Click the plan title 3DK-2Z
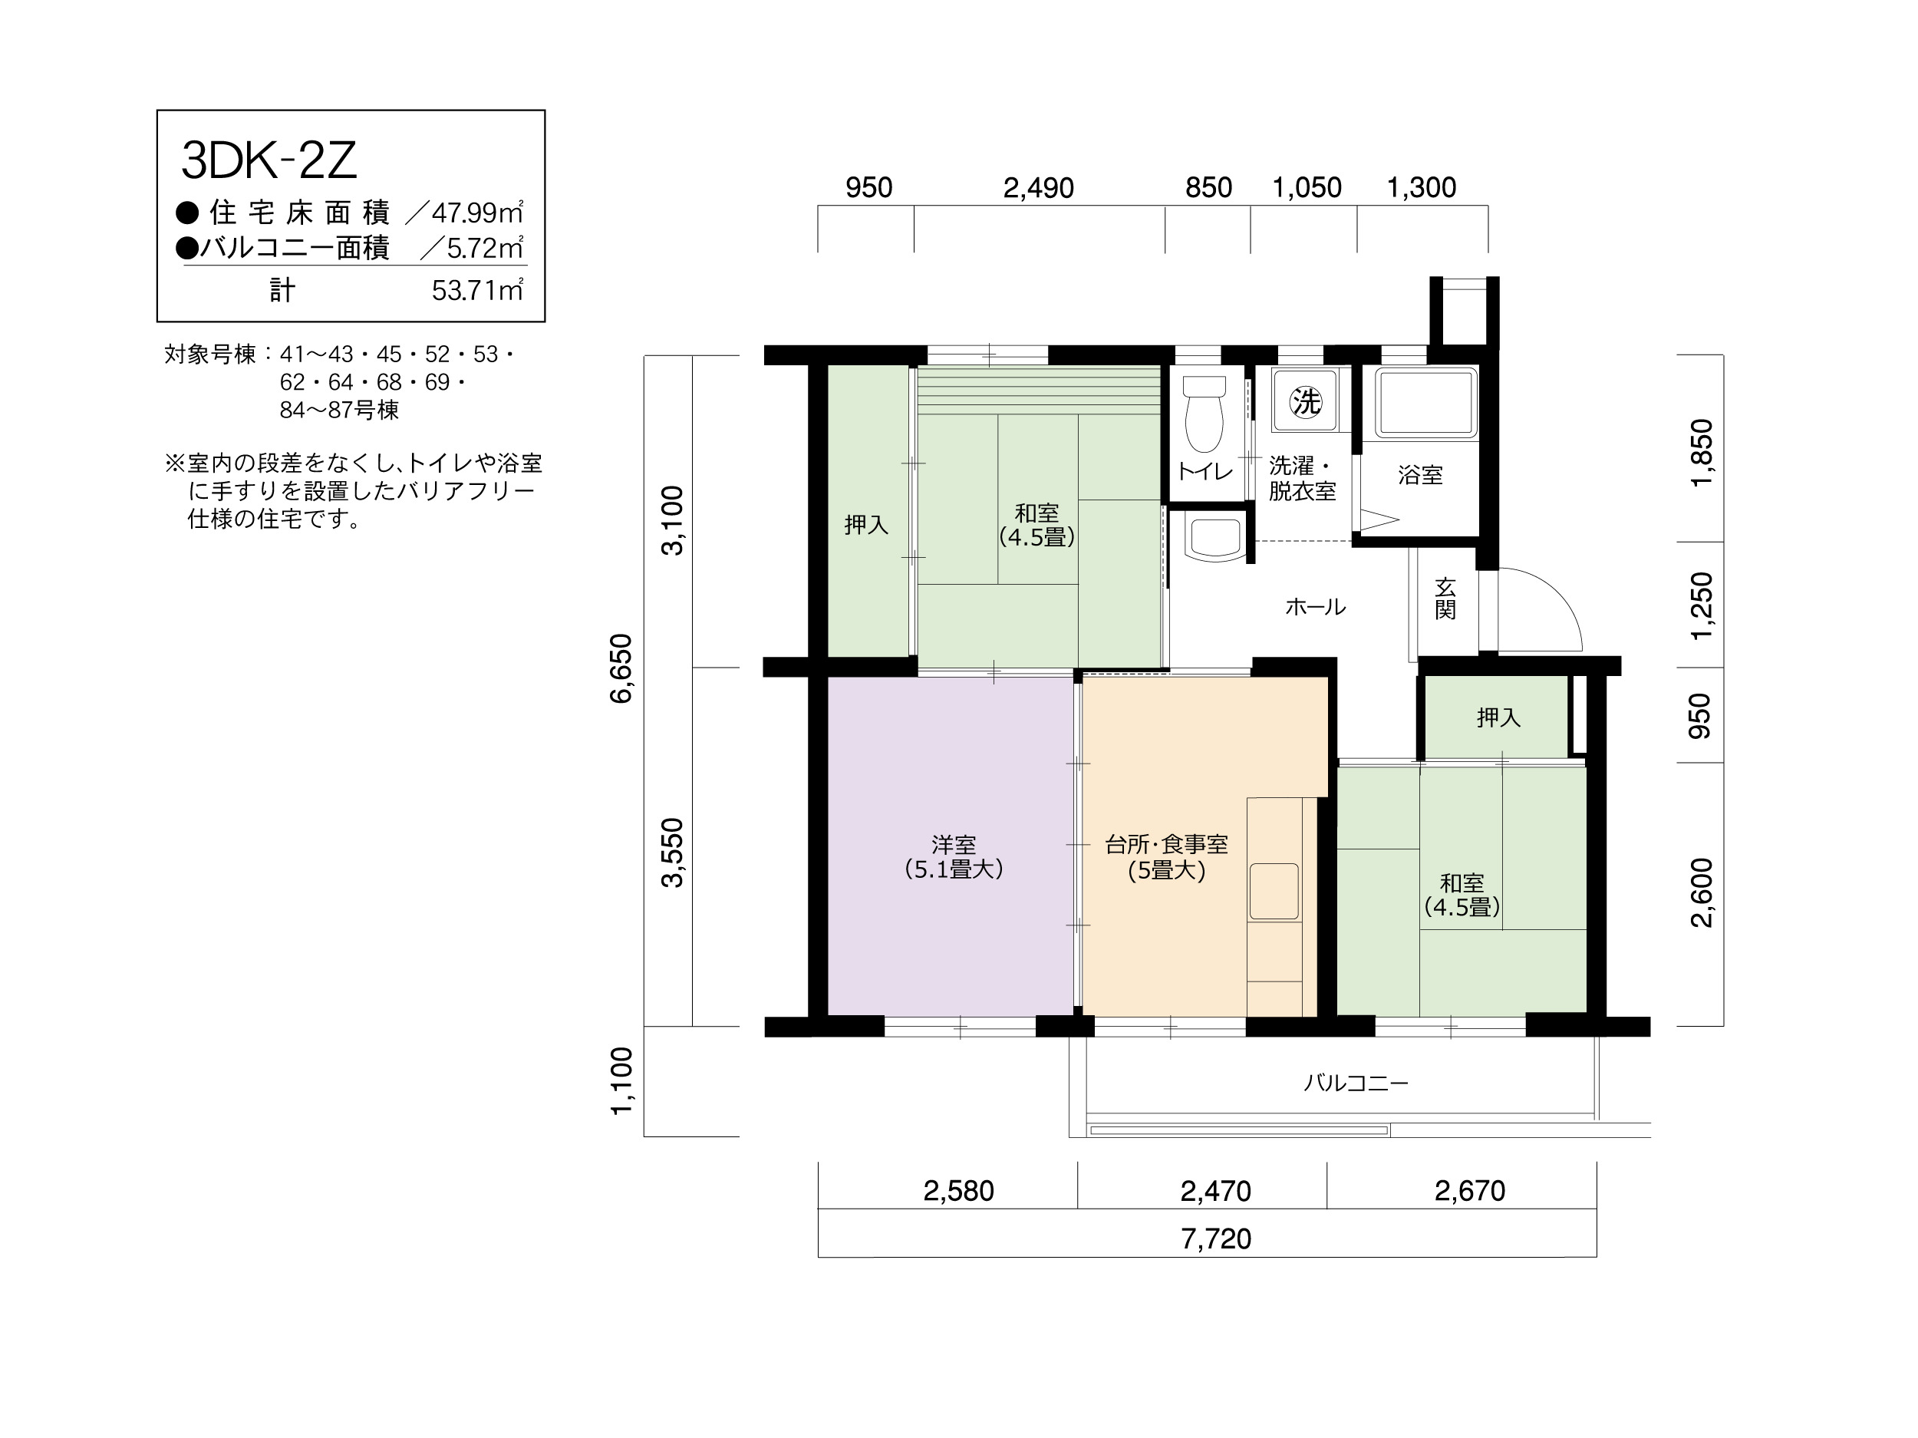269,160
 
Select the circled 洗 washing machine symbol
1305,401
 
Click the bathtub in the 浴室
1425,404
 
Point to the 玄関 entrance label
1445,599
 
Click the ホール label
1316,607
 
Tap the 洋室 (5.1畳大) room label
954,857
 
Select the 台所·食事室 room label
1166,845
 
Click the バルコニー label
1356,1083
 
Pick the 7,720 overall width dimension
1216,1238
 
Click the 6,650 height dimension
621,668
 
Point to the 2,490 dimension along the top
1038,187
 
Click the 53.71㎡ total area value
478,290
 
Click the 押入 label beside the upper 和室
866,525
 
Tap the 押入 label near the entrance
1498,717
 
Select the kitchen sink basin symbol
1274,891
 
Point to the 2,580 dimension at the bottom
958,1191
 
